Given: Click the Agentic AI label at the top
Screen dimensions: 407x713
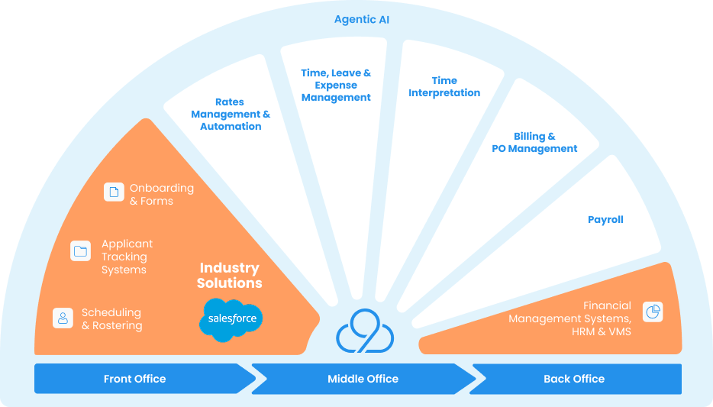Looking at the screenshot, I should click(361, 19).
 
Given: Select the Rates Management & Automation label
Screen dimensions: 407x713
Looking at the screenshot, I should click(231, 115).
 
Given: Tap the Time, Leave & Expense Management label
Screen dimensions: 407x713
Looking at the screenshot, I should click(336, 85).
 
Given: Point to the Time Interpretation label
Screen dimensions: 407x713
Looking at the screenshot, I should click(444, 86).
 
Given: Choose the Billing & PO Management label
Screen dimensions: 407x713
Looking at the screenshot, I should click(534, 142).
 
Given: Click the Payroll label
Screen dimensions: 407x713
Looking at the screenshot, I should click(605, 220).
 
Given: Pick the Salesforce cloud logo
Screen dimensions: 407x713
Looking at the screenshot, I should click(231, 319).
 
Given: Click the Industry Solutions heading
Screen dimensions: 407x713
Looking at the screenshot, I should click(229, 276).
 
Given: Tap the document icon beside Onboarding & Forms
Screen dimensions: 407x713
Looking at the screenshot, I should click(114, 192).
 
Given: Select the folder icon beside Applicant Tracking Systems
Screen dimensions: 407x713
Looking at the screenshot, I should click(80, 250).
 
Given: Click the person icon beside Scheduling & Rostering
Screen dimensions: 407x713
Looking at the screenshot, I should click(63, 318).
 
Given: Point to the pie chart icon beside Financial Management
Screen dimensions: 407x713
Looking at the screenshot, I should click(653, 312).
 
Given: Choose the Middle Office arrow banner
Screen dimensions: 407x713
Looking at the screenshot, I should click(363, 379).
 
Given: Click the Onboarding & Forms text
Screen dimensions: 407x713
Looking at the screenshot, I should click(161, 195).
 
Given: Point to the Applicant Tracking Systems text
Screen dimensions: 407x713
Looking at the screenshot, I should click(127, 257).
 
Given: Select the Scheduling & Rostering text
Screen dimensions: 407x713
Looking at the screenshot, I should click(111, 319).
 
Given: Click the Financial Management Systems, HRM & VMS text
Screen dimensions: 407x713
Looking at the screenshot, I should click(569, 318).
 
